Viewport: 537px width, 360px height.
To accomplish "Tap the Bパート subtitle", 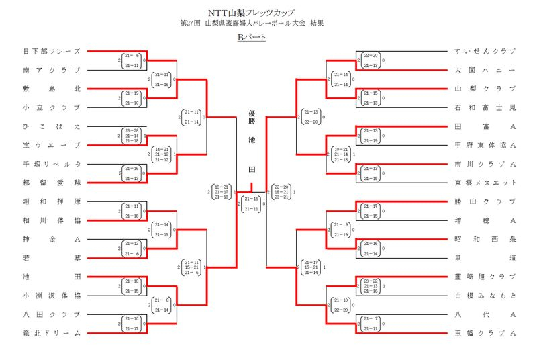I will coord(252,37).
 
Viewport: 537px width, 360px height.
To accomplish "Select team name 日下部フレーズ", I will coord(52,51).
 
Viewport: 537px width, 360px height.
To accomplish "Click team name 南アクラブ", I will coord(52,70).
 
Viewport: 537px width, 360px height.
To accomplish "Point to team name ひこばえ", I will coord(52,126).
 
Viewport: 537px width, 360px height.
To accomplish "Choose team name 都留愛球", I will coord(52,183).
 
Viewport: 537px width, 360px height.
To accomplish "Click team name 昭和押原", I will coord(52,201).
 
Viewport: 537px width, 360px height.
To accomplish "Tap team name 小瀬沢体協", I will coord(52,296).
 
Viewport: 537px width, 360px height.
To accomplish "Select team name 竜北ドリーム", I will coord(52,333).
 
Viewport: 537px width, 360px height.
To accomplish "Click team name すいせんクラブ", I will coord(485,51).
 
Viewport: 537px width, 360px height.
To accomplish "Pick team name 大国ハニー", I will coord(485,70).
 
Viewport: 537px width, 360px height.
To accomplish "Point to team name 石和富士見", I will coord(485,107).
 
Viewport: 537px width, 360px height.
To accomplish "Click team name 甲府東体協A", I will coord(485,145).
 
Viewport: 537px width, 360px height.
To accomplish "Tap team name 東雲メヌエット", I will coord(485,183).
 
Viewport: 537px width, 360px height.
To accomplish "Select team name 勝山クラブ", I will coord(485,201).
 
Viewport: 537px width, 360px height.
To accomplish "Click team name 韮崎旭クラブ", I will coord(485,277).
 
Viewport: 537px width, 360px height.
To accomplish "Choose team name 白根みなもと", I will coord(485,296).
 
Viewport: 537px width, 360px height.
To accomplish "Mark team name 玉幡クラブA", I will coord(485,333).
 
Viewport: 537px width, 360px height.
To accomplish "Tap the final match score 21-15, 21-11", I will coord(252,204).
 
